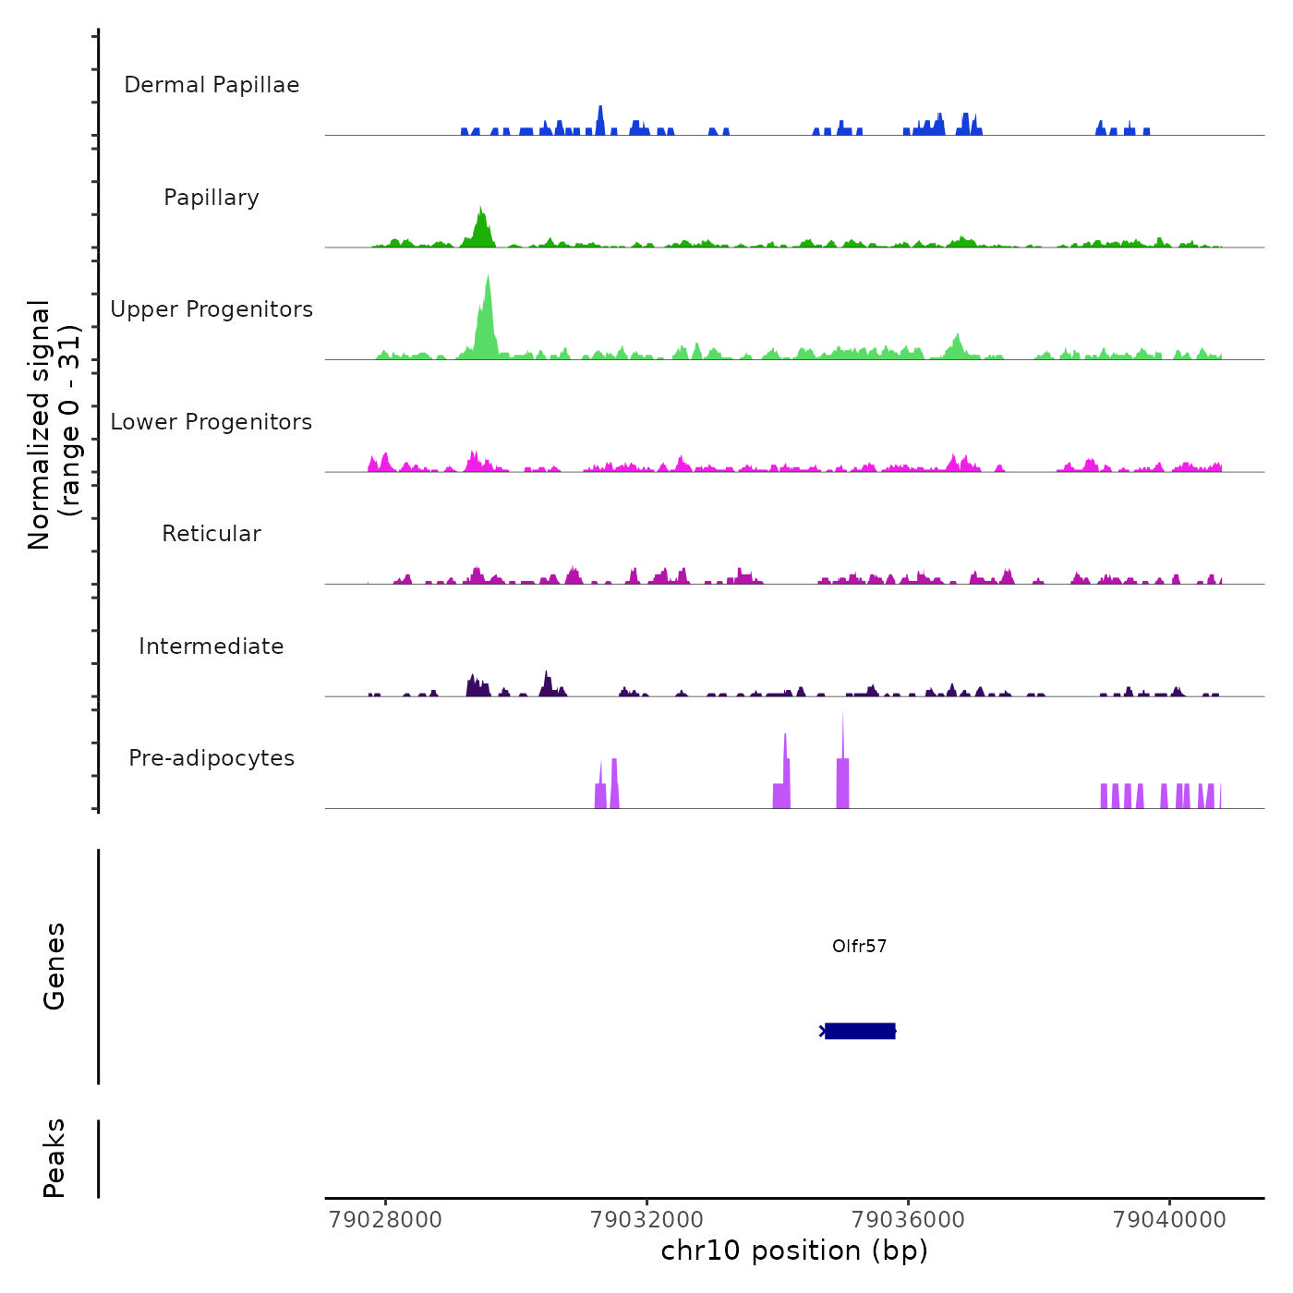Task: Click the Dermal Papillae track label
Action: [211, 85]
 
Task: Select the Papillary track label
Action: [211, 198]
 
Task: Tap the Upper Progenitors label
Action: [211, 309]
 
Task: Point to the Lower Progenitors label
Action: [211, 422]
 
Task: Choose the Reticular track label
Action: [211, 534]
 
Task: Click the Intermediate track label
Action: [211, 646]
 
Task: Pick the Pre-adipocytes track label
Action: [211, 758]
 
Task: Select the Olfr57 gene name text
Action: [859, 946]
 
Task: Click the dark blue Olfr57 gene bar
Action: [860, 1031]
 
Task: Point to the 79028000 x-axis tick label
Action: [385, 1220]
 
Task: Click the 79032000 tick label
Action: [646, 1220]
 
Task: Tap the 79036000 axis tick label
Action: [908, 1220]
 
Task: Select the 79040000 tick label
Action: [1169, 1220]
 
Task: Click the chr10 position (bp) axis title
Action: [794, 1251]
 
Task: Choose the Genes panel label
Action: [54, 966]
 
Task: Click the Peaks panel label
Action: [54, 1158]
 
